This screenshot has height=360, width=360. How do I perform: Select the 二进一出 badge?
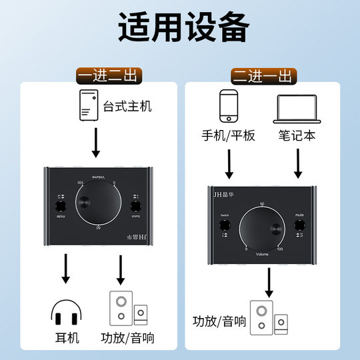click(261, 75)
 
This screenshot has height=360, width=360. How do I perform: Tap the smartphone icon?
click(229, 106)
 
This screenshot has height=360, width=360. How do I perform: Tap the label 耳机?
click(65, 338)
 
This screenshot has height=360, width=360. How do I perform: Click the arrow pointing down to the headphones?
click(65, 270)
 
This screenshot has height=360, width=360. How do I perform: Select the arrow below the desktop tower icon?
click(95, 142)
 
